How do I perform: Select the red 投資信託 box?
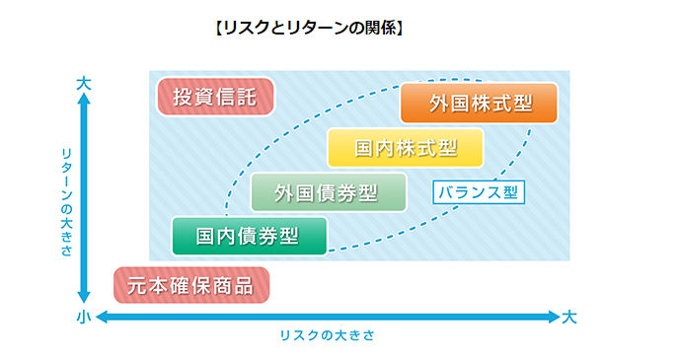pyautogui.click(x=215, y=97)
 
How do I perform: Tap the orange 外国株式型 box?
pyautogui.click(x=479, y=104)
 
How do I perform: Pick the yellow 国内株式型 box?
pyautogui.click(x=406, y=148)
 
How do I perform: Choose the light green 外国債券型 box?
pyautogui.click(x=328, y=192)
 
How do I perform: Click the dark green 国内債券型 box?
pyautogui.click(x=248, y=236)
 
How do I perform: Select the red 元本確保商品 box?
pyautogui.click(x=190, y=286)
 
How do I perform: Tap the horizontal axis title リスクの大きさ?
pyautogui.click(x=327, y=336)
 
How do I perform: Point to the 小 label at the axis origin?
pyautogui.click(x=84, y=317)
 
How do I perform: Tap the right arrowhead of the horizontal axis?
pyautogui.click(x=554, y=317)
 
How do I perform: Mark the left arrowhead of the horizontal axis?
pyautogui.click(x=100, y=317)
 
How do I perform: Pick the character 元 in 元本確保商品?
pyautogui.click(x=138, y=286)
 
